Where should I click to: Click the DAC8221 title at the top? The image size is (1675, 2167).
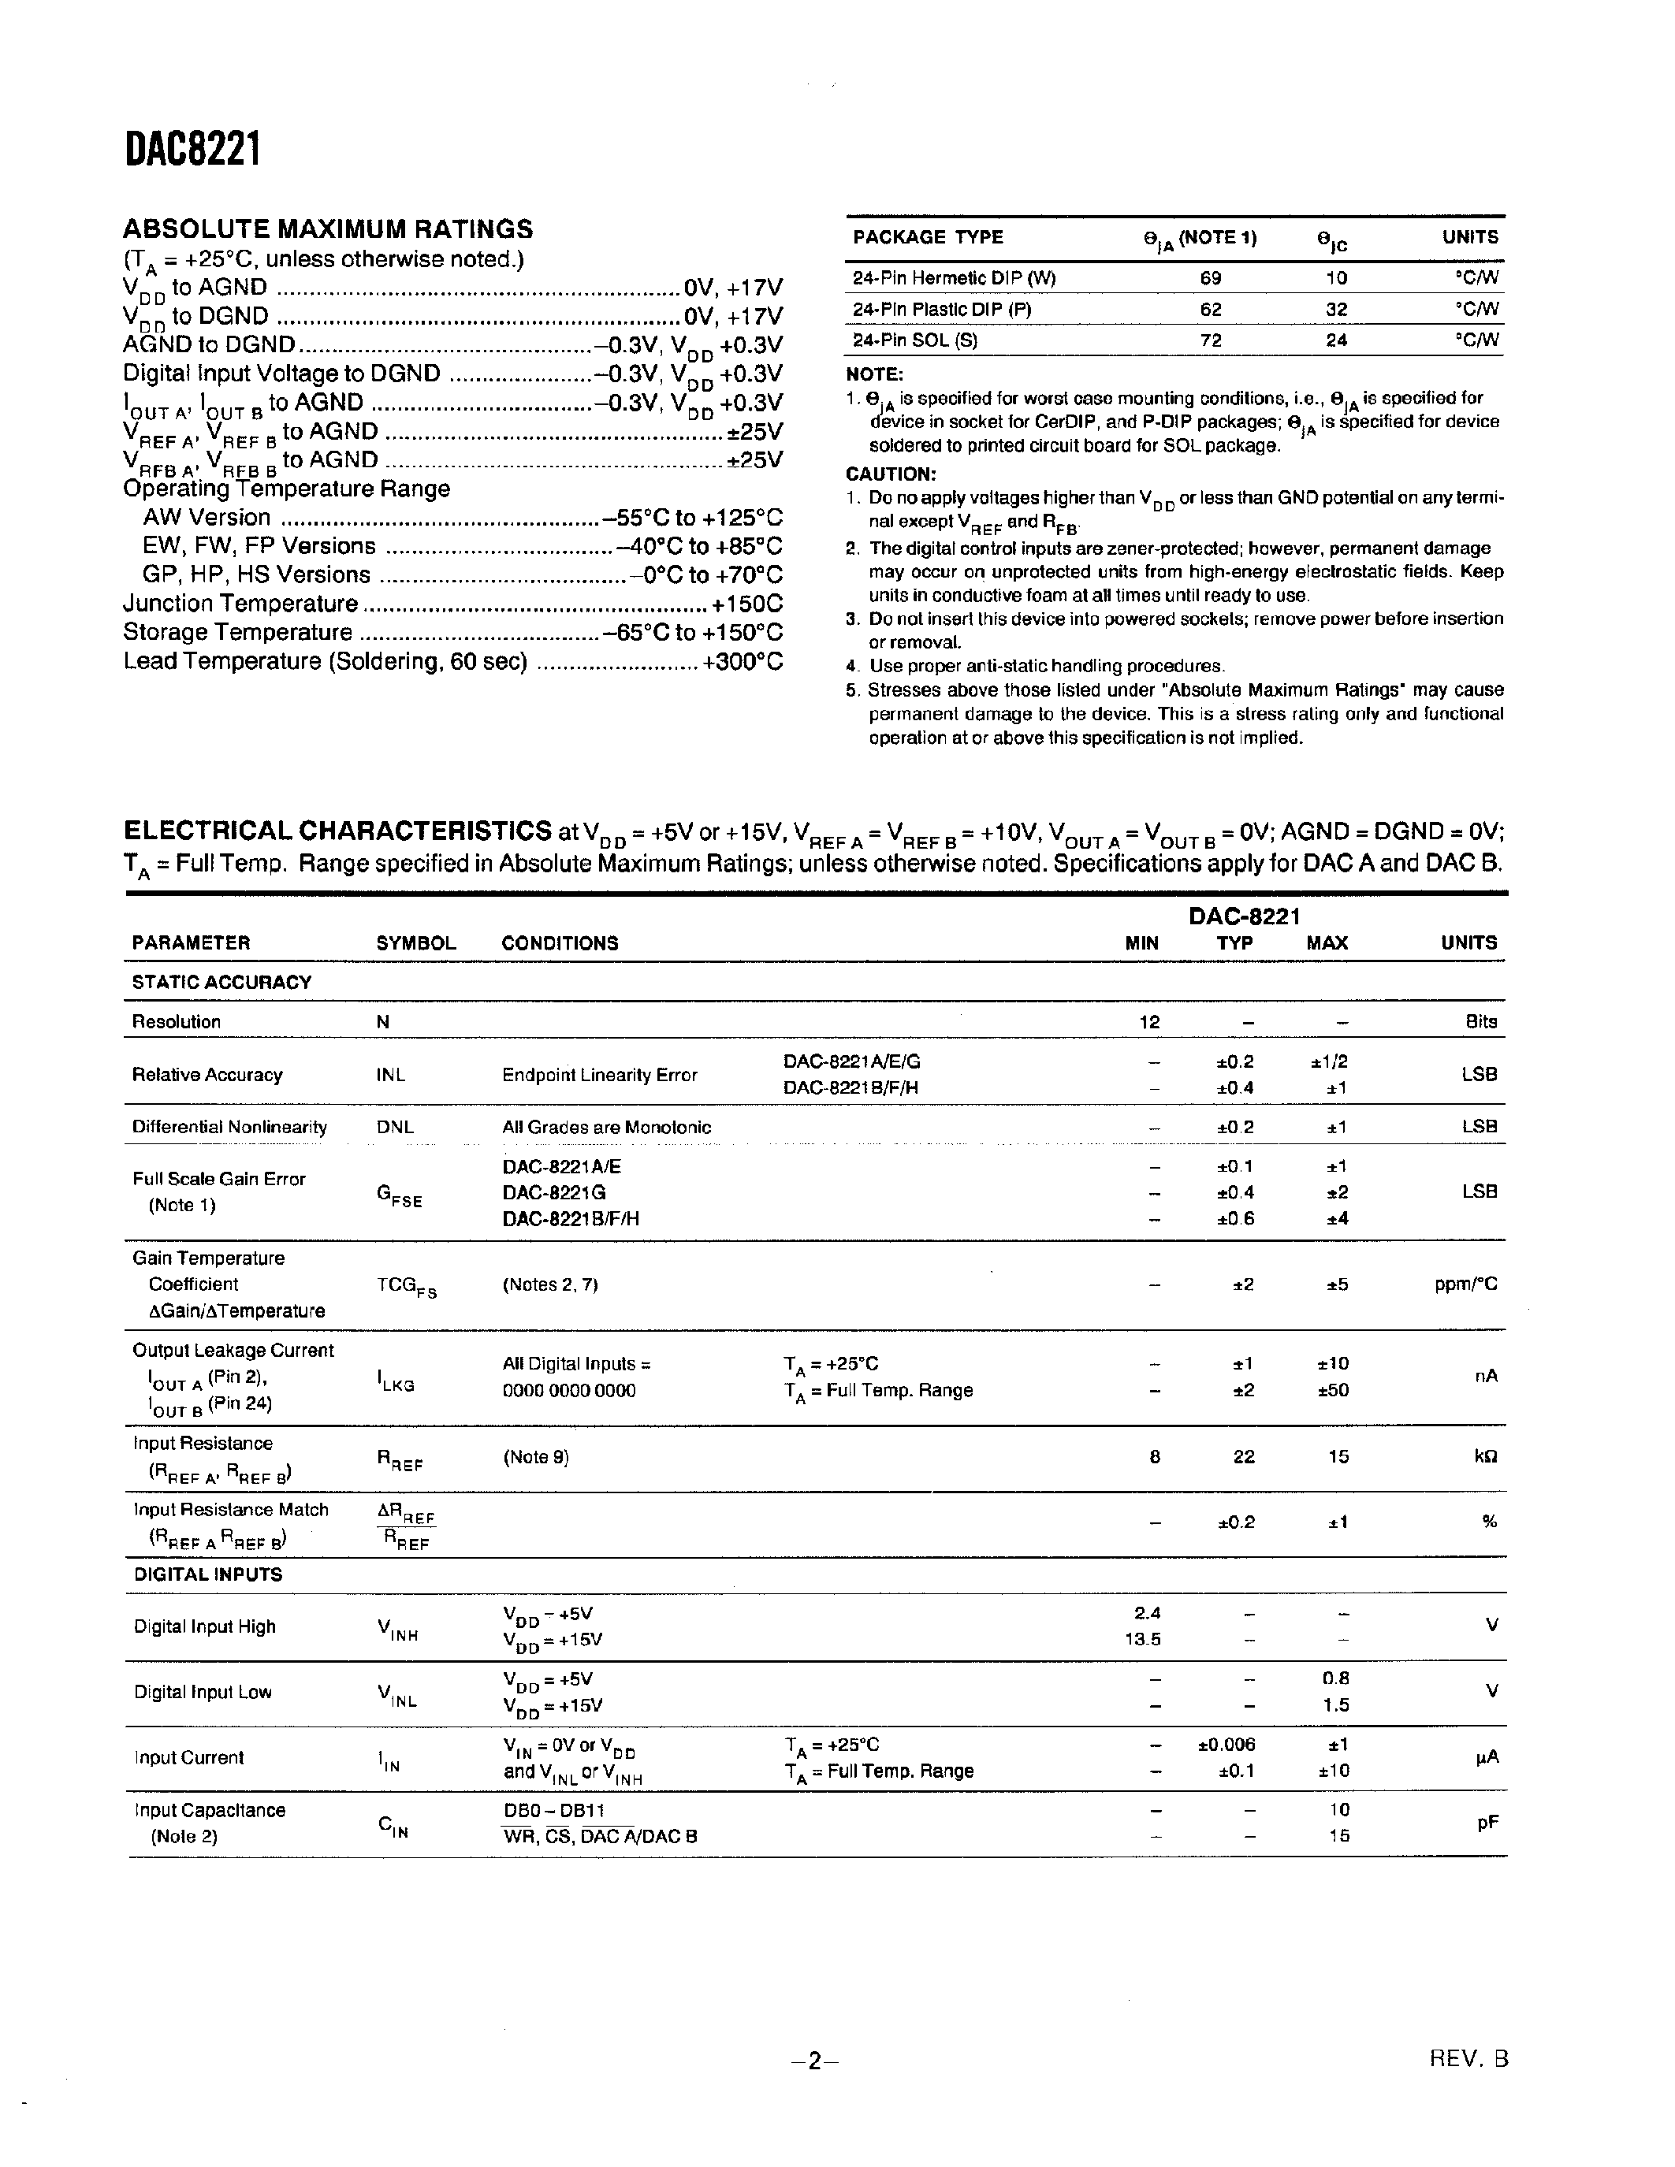tap(192, 151)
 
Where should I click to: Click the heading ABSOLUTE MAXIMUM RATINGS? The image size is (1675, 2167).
tap(327, 229)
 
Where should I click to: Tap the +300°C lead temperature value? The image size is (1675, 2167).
tap(743, 662)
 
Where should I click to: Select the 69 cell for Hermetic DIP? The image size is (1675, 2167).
tap(1210, 279)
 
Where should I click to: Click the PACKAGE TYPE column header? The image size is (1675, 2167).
tap(928, 237)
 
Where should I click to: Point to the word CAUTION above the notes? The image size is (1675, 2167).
tap(890, 474)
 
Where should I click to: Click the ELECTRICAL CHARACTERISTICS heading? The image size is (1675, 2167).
tap(337, 831)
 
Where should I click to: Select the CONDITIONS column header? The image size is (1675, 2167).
tap(560, 943)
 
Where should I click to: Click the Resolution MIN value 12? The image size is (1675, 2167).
tap(1149, 1022)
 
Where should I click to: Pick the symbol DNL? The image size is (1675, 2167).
tap(395, 1127)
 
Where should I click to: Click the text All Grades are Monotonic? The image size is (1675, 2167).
tap(606, 1127)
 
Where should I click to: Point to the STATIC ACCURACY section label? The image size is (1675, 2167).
tap(221, 983)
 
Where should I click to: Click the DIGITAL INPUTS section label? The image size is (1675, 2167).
tap(207, 1574)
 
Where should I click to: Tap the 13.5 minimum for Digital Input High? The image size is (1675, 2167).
tap(1142, 1639)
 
